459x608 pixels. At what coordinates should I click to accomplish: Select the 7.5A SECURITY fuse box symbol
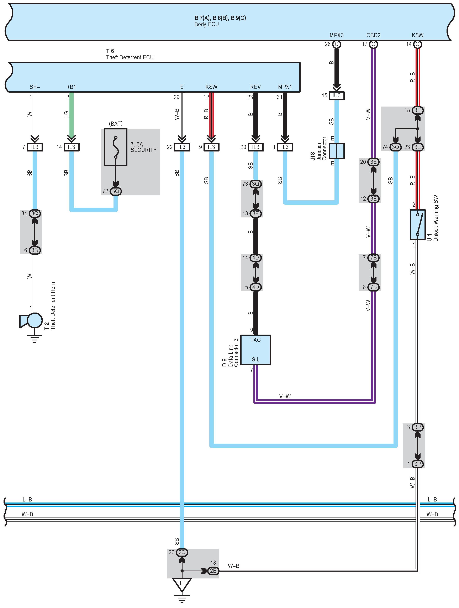(116, 147)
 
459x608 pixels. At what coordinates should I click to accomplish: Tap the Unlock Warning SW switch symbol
(417, 225)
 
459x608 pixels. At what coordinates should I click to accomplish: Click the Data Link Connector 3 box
(255, 350)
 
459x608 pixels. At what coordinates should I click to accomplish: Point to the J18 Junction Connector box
(337, 151)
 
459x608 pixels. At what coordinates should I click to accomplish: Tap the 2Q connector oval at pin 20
(182, 552)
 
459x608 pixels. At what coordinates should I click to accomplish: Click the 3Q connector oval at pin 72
(116, 191)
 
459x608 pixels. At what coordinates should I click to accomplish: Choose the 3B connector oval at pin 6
(35, 250)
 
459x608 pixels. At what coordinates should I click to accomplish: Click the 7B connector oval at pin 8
(373, 287)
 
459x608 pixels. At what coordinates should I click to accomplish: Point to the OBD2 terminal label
(373, 35)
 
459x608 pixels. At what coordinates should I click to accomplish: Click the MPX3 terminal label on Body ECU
(337, 35)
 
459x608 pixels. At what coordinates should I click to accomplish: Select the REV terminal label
(255, 87)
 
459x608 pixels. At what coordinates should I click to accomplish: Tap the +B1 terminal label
(72, 87)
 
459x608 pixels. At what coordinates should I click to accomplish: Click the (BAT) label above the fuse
(116, 124)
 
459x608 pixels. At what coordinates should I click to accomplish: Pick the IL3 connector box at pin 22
(182, 147)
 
